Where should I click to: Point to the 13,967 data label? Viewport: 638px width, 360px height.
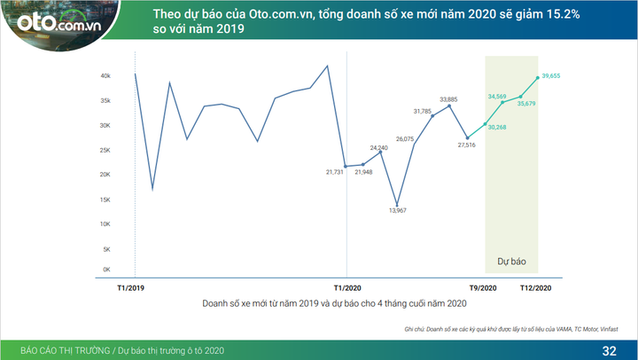398,211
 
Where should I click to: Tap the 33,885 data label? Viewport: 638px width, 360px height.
449,98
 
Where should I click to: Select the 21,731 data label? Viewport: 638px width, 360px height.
335,171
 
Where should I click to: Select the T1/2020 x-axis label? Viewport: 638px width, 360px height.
347,288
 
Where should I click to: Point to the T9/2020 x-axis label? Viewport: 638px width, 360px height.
484,288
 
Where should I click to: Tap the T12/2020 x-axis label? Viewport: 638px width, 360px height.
535,288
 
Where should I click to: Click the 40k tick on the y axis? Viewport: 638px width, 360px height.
105,76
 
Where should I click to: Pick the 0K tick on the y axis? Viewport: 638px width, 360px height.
105,270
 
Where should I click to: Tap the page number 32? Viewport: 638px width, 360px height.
609,350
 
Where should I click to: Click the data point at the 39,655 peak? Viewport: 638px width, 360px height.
537,78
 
